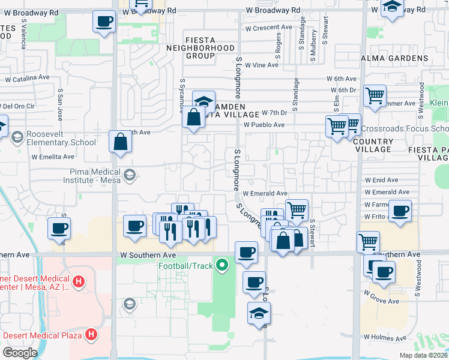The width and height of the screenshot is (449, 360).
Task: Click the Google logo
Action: [x=20, y=352]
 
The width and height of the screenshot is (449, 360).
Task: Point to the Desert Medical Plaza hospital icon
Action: [x=91, y=334]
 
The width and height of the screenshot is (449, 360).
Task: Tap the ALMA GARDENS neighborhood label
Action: [x=394, y=58]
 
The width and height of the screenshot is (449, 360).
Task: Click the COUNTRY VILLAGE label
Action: [x=373, y=145]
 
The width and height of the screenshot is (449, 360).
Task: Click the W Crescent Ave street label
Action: [x=268, y=28]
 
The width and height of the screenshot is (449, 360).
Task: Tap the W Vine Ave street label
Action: [x=262, y=65]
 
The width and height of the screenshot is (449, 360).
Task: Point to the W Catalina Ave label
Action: [x=27, y=77]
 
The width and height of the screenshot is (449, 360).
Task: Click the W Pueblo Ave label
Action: [x=264, y=124]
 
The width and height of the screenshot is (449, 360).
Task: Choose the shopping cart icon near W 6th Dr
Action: [x=375, y=95]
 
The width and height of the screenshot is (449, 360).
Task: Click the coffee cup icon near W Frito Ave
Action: [x=400, y=211]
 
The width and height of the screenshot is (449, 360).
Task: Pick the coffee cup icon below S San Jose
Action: [x=59, y=228]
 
